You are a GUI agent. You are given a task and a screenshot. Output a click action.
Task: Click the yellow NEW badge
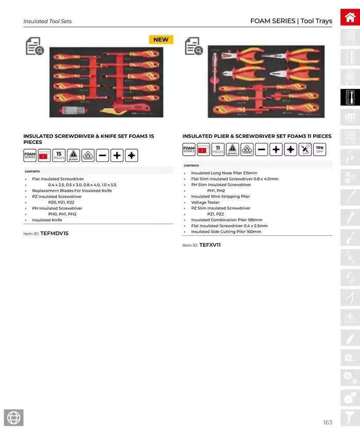point(161,40)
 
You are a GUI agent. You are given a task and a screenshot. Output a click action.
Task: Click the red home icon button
point(350,17)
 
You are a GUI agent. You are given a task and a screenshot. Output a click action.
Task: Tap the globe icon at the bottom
point(13,418)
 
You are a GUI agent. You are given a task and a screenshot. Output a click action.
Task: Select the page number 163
point(328,422)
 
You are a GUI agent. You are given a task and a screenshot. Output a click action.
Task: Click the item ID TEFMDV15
point(54,233)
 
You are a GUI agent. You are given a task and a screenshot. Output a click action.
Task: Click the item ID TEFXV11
point(210,245)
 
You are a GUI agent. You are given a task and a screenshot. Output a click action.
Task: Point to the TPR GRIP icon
point(320,150)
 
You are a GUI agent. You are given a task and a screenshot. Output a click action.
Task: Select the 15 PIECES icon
point(59,155)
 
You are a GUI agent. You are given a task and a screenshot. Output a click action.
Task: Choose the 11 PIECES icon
point(218,150)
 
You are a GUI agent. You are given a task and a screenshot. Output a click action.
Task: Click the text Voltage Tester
point(205,202)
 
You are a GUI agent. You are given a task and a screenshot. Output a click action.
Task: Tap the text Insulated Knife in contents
point(47,220)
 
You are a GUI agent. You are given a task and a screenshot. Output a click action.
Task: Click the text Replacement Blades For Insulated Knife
point(71,190)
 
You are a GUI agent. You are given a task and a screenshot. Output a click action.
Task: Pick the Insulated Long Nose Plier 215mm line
point(224,173)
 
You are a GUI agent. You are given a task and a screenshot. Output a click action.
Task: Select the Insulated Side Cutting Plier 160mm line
point(226,231)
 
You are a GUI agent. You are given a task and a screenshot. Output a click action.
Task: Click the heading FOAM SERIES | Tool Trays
point(291,21)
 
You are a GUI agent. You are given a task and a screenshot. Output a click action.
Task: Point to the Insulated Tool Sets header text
point(47,22)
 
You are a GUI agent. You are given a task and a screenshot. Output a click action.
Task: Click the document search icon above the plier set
point(193,46)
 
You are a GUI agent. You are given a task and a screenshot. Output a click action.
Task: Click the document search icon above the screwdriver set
point(34,46)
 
